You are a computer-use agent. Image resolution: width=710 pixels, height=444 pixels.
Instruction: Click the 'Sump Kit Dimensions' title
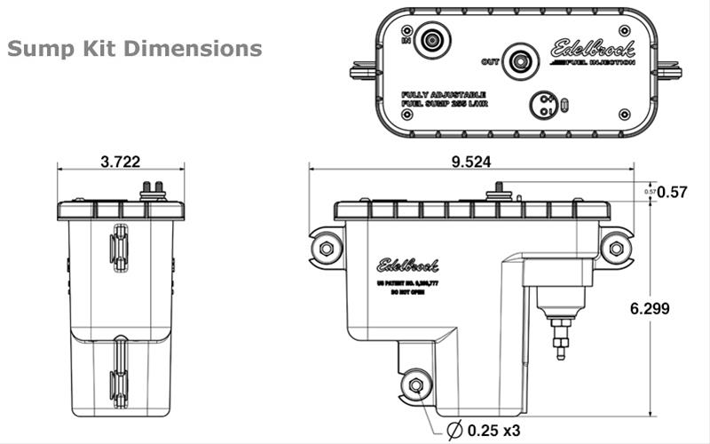pyautogui.click(x=134, y=47)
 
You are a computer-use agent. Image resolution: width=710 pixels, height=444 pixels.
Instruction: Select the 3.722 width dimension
pyautogui.click(x=121, y=162)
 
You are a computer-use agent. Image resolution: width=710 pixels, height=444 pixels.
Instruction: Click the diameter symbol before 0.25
pyautogui.click(x=454, y=430)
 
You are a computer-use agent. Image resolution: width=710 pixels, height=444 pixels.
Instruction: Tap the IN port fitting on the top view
pyautogui.click(x=433, y=40)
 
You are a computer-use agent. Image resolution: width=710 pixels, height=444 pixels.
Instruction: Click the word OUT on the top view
pyautogui.click(x=490, y=61)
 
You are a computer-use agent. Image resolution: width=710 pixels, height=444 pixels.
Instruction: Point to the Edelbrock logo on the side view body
pyautogui.click(x=407, y=264)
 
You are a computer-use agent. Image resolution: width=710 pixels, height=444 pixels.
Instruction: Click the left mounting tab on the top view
pyautogui.click(x=361, y=68)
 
